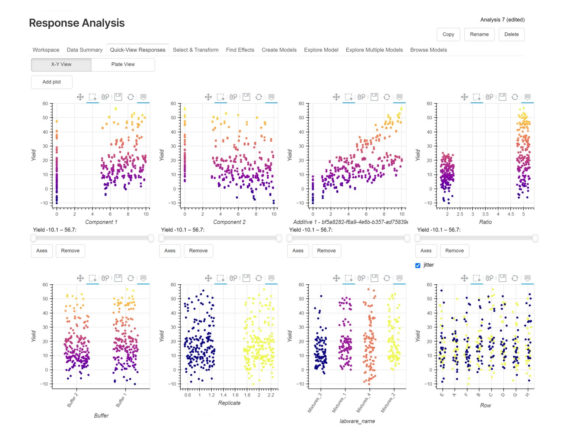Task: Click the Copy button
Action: [448, 34]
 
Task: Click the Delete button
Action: [511, 34]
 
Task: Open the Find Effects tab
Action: [240, 50]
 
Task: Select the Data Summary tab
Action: [84, 50]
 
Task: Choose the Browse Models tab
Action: [428, 50]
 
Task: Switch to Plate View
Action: [123, 64]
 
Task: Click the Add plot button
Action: [52, 82]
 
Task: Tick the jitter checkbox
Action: [418, 265]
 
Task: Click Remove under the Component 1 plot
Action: [70, 251]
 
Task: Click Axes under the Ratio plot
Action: [426, 251]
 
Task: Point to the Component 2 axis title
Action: [229, 222]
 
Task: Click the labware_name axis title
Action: [357, 421]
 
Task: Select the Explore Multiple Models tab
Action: [374, 50]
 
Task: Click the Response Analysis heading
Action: [77, 23]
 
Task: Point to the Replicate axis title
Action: [229, 403]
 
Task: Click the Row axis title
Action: [485, 405]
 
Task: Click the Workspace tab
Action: [46, 50]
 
